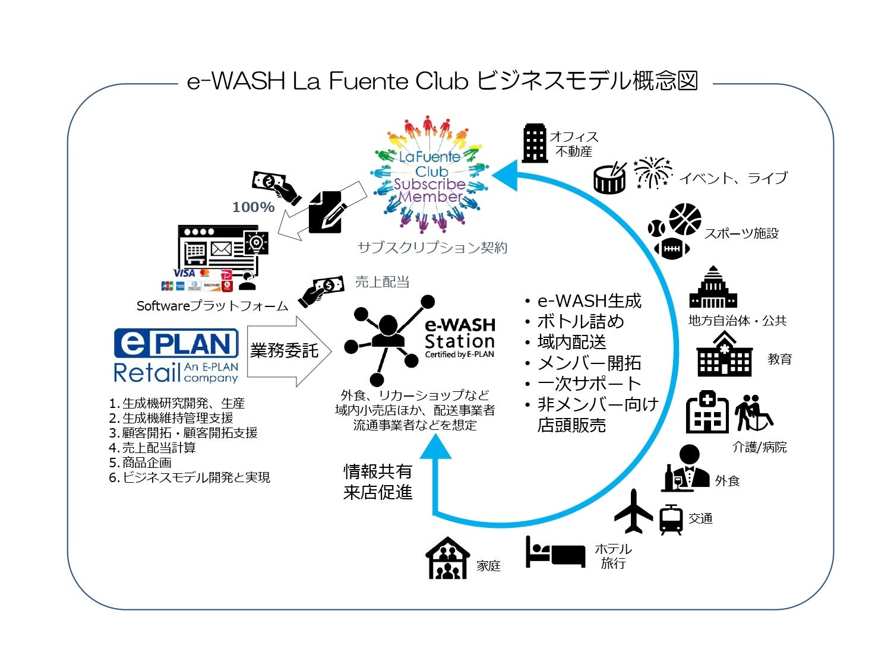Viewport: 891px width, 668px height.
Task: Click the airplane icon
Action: point(633,511)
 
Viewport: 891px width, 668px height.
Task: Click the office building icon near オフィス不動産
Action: point(534,143)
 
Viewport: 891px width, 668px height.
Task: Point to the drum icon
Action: point(610,178)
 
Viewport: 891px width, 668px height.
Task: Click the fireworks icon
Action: point(652,172)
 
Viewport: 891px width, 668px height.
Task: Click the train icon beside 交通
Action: point(671,520)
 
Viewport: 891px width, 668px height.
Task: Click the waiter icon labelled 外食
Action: point(687,469)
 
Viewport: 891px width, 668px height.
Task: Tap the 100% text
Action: point(253,207)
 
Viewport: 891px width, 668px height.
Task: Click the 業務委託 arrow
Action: point(285,351)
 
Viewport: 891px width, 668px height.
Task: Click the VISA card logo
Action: point(184,273)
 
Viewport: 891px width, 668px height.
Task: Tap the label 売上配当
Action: point(382,282)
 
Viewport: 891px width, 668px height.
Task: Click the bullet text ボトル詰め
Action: point(580,321)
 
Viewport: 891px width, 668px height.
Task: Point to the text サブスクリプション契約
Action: point(432,248)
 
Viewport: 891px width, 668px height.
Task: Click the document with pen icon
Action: point(327,211)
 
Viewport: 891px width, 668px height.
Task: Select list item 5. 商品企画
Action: point(141,463)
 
